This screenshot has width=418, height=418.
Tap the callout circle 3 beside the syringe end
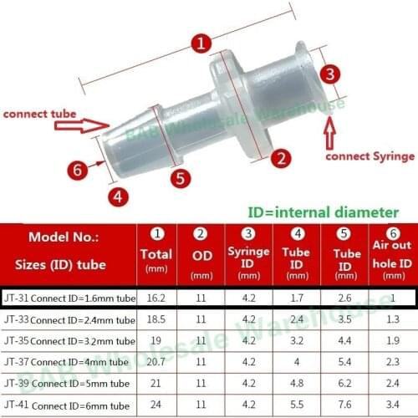[331, 74]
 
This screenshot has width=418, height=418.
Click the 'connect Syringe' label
[370, 156]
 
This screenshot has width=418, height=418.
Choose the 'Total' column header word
[157, 253]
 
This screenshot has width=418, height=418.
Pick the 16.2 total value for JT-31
[156, 298]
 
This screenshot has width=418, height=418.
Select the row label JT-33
[15, 320]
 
